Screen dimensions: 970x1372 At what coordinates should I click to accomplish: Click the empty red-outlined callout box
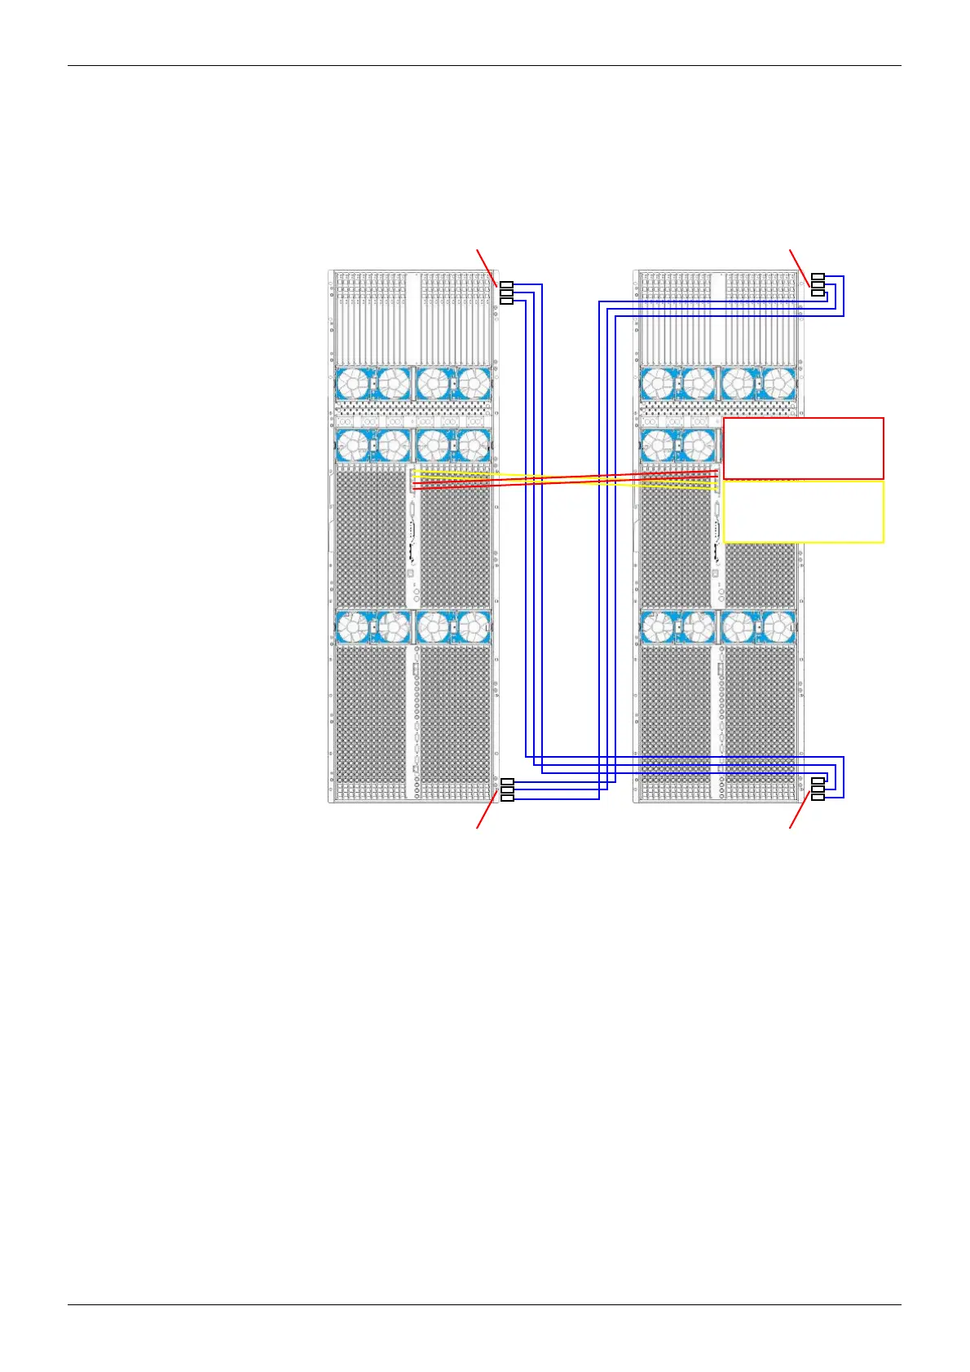[803, 448]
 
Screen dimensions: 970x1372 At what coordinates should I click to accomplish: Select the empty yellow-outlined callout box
[803, 512]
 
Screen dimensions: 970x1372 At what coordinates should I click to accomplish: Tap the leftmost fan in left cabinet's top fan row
[353, 383]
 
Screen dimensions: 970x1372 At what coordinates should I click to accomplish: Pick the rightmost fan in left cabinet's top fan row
[474, 383]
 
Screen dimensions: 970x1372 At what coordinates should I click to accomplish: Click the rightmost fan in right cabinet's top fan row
[778, 383]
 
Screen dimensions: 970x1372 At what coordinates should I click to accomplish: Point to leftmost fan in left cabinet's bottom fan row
[353, 627]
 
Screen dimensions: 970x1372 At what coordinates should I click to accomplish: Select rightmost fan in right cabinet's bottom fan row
[778, 627]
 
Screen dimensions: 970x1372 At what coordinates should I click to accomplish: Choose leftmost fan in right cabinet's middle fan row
[658, 446]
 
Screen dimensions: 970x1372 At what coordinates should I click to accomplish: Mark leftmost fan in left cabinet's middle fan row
[353, 446]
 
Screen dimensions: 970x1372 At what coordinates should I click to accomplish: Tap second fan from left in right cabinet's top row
[698, 383]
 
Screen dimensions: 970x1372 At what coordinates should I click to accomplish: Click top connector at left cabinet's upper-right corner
[506, 284]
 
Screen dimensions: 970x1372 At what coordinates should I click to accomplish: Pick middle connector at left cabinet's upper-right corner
[506, 292]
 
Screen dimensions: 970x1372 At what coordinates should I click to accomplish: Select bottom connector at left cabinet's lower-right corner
[506, 798]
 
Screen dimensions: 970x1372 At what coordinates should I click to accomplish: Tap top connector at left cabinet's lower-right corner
[506, 782]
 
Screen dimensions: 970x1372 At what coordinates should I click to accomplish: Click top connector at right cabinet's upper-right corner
[818, 277]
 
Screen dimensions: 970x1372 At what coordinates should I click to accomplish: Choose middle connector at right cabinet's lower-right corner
[818, 789]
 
